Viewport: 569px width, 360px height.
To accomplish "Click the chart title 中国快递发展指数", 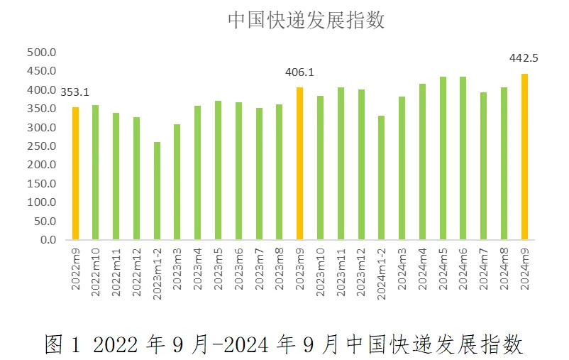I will (x=306, y=20).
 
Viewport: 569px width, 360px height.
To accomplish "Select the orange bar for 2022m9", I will (x=75, y=173).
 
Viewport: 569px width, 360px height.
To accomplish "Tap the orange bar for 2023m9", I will (x=300, y=163).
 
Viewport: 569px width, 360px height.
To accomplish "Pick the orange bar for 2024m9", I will (x=525, y=157).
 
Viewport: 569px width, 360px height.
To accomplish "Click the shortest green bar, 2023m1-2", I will (x=157, y=191).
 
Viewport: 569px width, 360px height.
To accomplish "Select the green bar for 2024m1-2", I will (x=382, y=178).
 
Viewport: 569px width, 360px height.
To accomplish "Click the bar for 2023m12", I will (x=361, y=165).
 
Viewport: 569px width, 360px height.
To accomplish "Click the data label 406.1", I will (x=299, y=72).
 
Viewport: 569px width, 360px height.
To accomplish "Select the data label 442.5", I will (x=524, y=59).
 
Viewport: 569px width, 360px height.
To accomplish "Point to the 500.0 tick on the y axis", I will (x=41, y=53).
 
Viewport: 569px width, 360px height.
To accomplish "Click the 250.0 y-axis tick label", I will (x=41, y=146).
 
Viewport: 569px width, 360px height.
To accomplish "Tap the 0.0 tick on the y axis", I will (x=48, y=240).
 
